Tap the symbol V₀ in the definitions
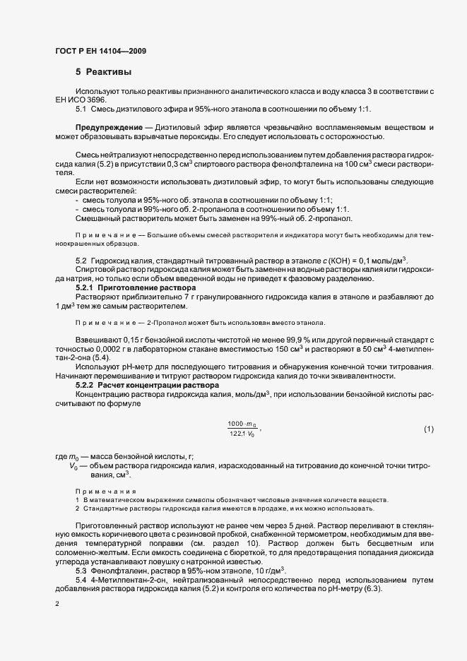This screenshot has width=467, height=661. coord(73,467)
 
